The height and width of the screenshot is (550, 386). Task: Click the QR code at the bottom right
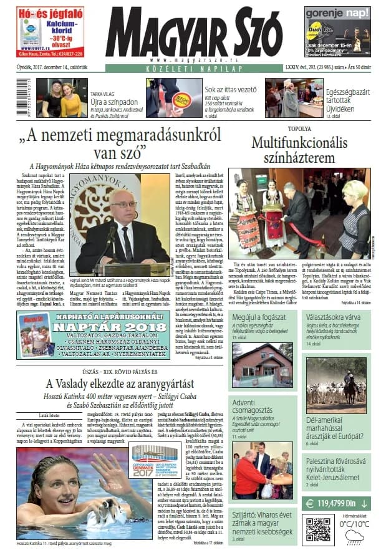pos(317,530)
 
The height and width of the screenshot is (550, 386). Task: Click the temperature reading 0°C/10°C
pos(355,524)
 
